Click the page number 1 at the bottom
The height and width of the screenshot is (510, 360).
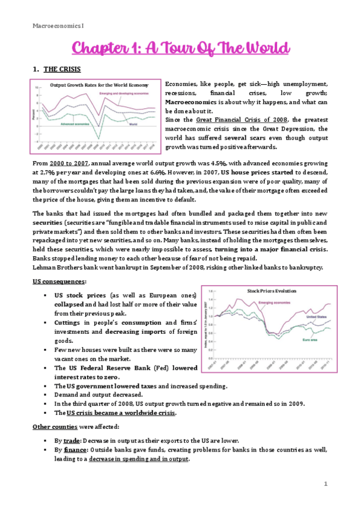pyautogui.click(x=325, y=484)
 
